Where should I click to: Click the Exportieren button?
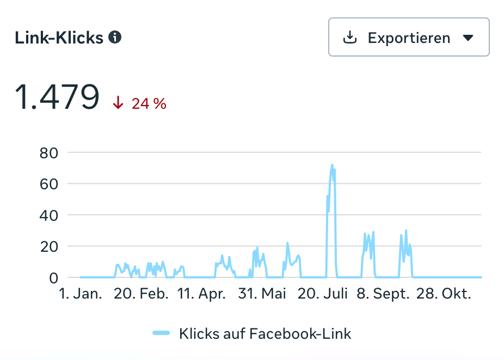pyautogui.click(x=409, y=38)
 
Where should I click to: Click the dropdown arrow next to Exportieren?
pyautogui.click(x=468, y=38)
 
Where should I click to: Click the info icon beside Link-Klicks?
pyautogui.click(x=115, y=37)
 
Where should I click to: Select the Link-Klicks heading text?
pyautogui.click(x=59, y=38)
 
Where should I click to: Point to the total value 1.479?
pyautogui.click(x=57, y=97)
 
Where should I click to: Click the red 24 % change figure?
pyautogui.click(x=149, y=103)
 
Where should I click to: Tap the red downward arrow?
pyautogui.click(x=118, y=103)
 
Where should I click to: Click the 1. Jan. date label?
pyautogui.click(x=81, y=294)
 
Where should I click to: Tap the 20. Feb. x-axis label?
pyautogui.click(x=141, y=294)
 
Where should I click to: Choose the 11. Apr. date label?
pyautogui.click(x=201, y=294)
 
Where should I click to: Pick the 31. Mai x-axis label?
pyautogui.click(x=262, y=294)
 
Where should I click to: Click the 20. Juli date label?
pyautogui.click(x=323, y=294)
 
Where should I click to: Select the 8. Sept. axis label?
pyautogui.click(x=383, y=294)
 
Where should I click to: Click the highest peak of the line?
pyautogui.click(x=332, y=165)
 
